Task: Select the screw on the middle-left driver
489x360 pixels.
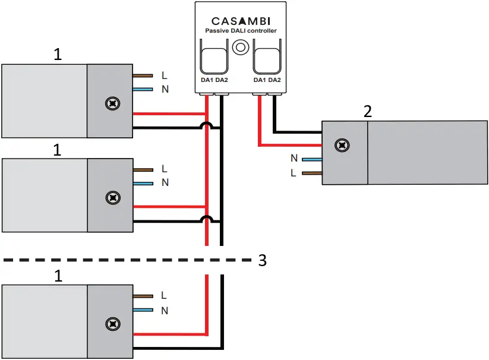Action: click(111, 197)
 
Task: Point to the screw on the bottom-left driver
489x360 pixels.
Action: click(111, 324)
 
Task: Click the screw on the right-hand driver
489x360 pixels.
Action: click(341, 145)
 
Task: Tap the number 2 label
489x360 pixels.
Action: click(368, 111)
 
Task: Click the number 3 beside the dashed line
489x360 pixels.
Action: click(263, 260)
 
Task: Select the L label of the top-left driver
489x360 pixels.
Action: click(165, 75)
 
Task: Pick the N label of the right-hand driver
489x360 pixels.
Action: click(294, 159)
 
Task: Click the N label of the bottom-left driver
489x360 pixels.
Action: click(165, 310)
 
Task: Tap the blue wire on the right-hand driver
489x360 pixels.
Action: click(311, 159)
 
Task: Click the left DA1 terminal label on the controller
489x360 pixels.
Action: click(207, 80)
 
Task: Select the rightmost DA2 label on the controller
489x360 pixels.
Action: click(275, 80)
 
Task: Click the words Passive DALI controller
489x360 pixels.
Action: click(241, 31)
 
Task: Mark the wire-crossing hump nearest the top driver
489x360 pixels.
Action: click(206, 125)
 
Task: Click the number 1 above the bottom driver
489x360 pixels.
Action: click(57, 276)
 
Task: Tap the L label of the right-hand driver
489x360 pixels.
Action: click(294, 173)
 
